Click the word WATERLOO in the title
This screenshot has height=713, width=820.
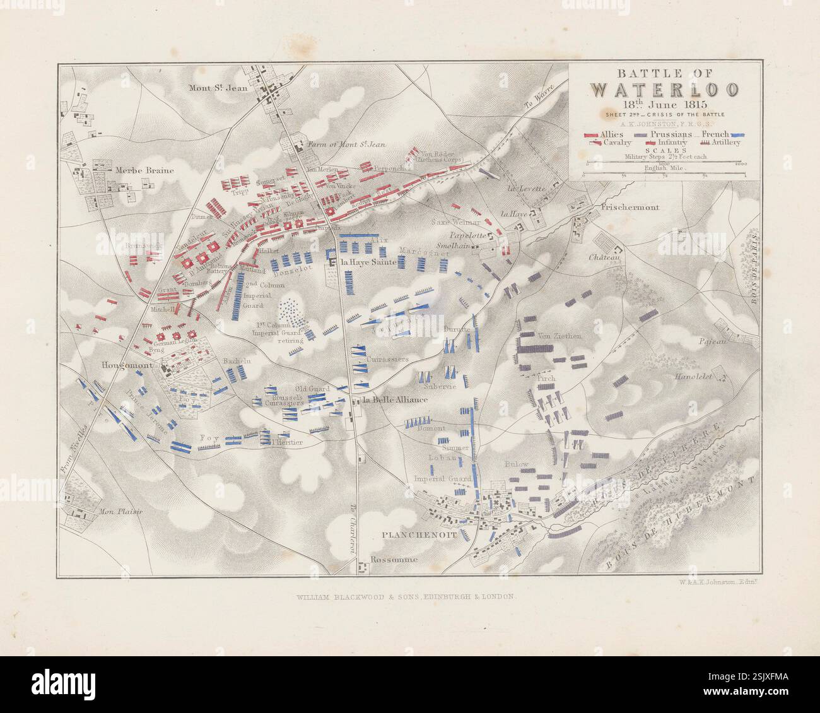click(665, 89)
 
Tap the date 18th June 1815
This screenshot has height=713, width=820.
click(665, 104)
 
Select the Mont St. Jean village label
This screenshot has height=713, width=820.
click(218, 88)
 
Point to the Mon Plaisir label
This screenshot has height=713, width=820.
click(120, 511)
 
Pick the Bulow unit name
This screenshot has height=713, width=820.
click(516, 464)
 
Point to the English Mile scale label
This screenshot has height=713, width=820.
click(665, 168)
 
